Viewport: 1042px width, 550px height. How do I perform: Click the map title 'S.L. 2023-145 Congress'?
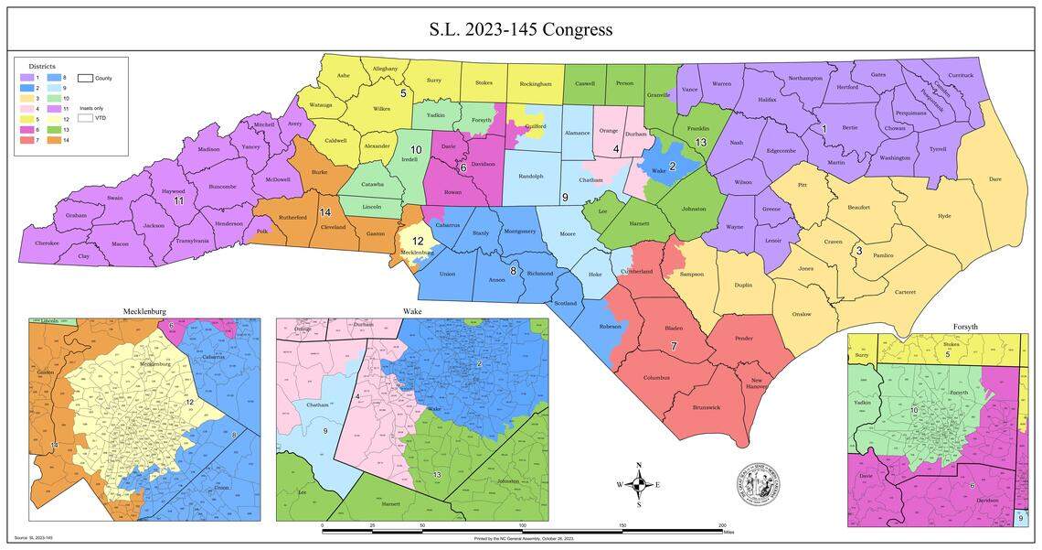pos(521,29)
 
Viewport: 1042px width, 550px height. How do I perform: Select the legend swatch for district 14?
pos(59,139)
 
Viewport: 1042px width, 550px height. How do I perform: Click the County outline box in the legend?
pos(87,79)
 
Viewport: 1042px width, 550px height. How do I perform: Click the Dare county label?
pos(994,179)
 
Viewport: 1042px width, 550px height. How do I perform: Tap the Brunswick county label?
pos(707,407)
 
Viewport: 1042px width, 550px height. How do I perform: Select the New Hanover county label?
pos(757,383)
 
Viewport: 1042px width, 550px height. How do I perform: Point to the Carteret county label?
pos(904,292)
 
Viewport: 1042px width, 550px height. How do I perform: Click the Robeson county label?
pos(611,327)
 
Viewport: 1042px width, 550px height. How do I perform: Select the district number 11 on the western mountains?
pos(179,200)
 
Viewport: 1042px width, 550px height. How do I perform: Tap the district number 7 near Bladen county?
pos(674,346)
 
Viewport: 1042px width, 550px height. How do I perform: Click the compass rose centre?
pos(639,484)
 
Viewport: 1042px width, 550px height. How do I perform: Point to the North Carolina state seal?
pos(758,482)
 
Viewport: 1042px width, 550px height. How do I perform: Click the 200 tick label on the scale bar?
pos(722,525)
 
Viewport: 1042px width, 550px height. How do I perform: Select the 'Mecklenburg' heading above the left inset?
pos(144,312)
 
